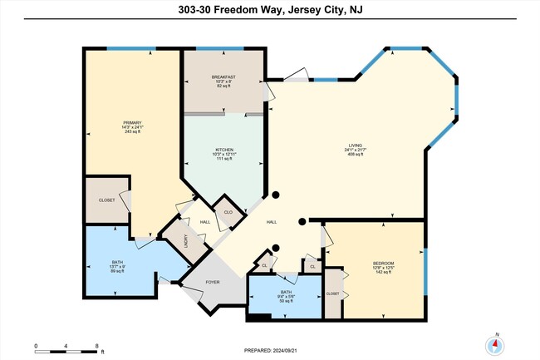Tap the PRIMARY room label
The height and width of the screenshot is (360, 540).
tap(133, 122)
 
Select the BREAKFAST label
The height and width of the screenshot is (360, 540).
tap(223, 77)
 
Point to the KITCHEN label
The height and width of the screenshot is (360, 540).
tap(223, 150)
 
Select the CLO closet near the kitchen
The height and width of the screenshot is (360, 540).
tap(227, 212)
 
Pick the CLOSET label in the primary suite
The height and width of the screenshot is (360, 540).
tap(106, 200)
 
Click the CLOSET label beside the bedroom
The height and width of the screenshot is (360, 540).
tap(332, 293)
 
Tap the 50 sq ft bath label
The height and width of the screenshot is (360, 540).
tap(285, 297)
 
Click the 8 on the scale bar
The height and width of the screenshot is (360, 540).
tap(97, 345)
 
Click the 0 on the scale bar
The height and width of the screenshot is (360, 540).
tap(36, 345)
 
